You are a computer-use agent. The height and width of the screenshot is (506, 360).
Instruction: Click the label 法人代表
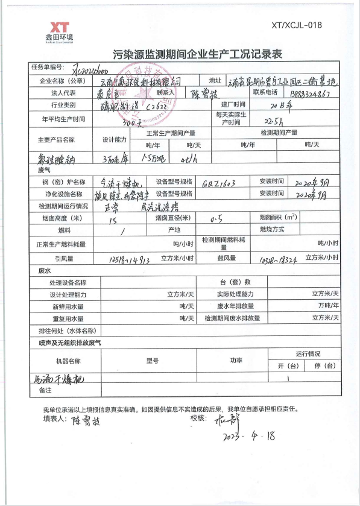63,93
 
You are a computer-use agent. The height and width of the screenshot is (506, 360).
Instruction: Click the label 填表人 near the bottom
52,418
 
